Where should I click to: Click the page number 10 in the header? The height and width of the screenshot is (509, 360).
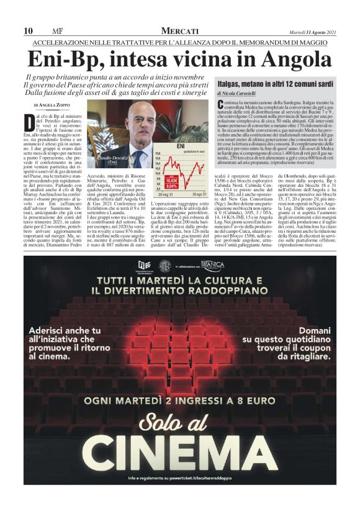click(x=28, y=31)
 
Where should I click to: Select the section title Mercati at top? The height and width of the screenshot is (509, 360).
click(x=179, y=31)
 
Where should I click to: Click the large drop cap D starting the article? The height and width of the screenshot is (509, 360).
click(x=29, y=120)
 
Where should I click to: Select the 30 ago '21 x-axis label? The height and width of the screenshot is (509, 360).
click(x=200, y=194)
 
